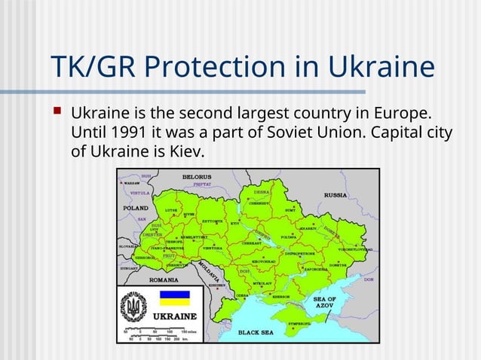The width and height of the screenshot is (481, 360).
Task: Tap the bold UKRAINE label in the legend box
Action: (176, 315)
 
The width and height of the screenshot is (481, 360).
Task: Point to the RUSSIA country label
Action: (335, 194)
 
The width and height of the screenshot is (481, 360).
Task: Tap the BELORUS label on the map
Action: (196, 176)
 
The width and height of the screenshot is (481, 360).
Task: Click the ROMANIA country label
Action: (164, 279)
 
